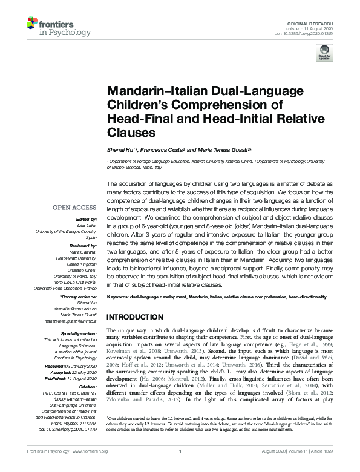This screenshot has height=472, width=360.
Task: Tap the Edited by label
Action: tap(86, 218)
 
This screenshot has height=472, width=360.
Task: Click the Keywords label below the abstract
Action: tap(119, 297)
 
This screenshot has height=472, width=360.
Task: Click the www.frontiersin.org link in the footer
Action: tap(90, 467)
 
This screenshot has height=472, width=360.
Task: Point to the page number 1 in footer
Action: tap(180, 467)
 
